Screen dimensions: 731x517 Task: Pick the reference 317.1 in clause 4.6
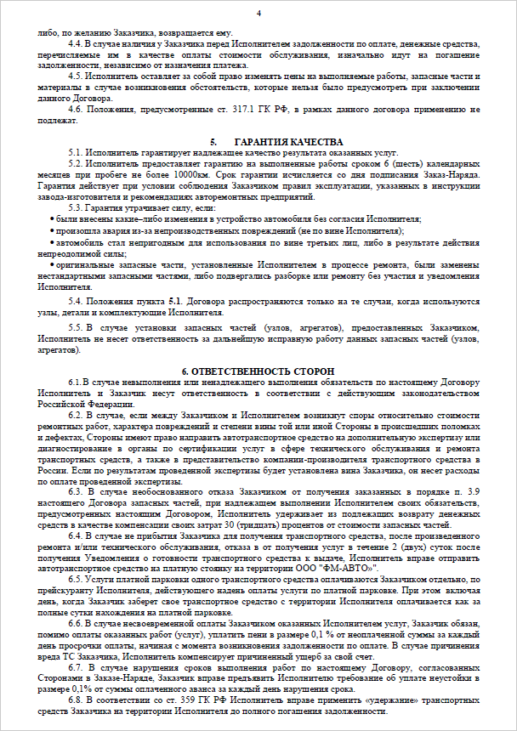pyautogui.click(x=212, y=109)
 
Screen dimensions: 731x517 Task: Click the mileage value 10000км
pyautogui.click(x=193, y=173)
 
